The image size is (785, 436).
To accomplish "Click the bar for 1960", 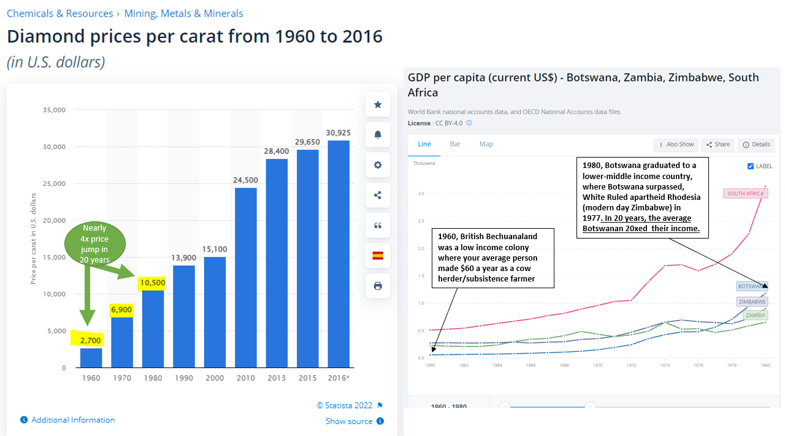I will coord(91,358).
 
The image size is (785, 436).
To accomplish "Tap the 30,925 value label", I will coord(339,132).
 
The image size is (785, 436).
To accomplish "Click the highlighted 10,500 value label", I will coord(153,283).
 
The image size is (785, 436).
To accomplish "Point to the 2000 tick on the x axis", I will coord(215,378).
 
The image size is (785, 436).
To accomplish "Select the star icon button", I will coord(378,105).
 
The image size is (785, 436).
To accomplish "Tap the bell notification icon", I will coord(378,135).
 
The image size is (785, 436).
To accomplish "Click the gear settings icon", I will coord(378,165).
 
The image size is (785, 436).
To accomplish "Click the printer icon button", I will coord(378,286).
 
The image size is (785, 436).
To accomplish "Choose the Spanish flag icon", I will coord(378,256).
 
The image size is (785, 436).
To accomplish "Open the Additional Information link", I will coord(73,420).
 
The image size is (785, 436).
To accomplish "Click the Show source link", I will coord(348,421).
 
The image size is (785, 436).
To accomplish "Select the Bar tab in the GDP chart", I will coord(455,144).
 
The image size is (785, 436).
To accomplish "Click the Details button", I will coord(756,145).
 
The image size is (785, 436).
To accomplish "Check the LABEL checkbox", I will coord(751,166).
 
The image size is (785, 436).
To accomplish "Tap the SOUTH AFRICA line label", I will coord(745,194).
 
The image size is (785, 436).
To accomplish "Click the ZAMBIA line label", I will coord(755,316).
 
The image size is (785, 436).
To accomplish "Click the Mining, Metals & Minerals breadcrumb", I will coord(183,13).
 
